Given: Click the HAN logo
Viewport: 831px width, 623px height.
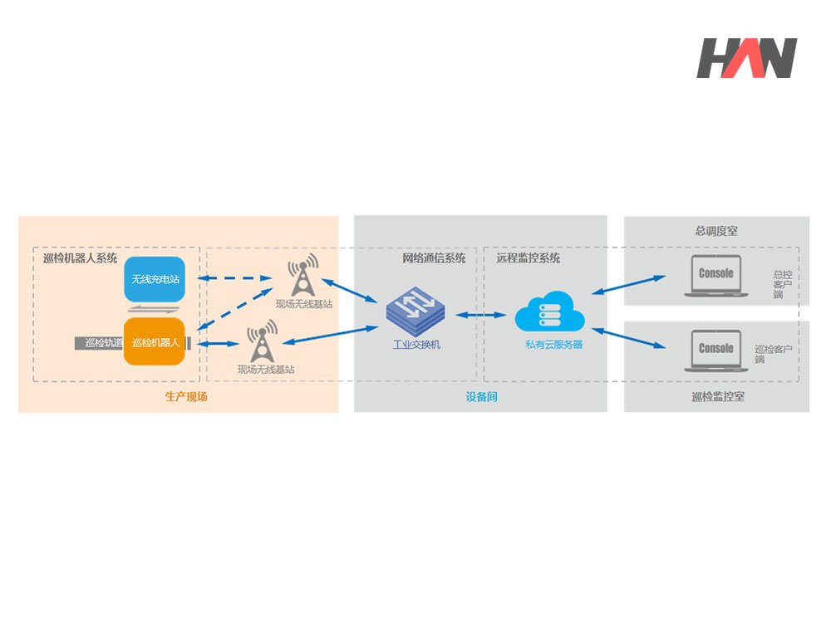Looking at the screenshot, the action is [747, 58].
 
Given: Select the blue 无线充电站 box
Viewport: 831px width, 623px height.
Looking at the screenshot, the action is [155, 279].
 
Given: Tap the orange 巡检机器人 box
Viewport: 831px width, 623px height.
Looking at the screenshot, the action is [155, 341].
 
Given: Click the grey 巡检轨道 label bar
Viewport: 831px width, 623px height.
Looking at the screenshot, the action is [100, 343].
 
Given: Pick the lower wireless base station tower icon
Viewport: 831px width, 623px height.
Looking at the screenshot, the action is [262, 341].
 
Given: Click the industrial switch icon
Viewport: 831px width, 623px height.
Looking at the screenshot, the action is [415, 311].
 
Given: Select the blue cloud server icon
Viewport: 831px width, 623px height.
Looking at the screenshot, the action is [549, 311].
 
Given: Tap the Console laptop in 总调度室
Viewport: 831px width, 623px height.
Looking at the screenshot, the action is [716, 276].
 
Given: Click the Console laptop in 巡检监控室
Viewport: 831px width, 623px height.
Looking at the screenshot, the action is [716, 351].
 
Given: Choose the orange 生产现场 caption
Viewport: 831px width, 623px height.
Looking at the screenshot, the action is [186, 396].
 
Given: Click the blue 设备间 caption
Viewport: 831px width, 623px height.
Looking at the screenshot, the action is [481, 396].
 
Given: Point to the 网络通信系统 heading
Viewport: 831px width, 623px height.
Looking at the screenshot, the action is [434, 258].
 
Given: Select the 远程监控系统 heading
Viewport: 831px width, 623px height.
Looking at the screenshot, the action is [528, 258].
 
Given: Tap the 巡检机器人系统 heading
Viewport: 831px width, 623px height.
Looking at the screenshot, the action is [80, 258].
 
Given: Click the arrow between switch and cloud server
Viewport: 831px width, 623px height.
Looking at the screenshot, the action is [480, 315].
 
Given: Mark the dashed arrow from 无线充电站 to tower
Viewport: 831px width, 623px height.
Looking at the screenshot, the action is [235, 277].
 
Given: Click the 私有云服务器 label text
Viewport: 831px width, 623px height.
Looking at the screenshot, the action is [553, 345].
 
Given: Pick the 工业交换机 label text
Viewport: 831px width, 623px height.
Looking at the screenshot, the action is [416, 345].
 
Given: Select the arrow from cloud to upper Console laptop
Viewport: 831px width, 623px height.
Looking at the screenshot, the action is [628, 284].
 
